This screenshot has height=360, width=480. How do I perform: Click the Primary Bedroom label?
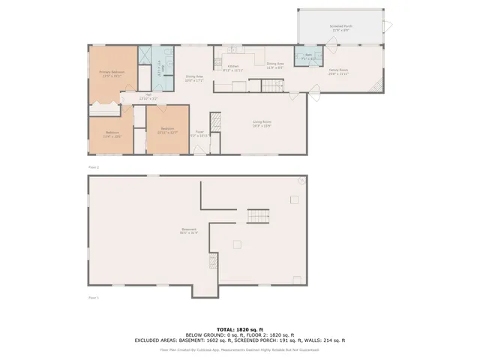pos(112,73)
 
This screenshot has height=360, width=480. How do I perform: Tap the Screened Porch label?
pos(341,26)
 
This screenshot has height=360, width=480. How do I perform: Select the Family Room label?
pos(338,72)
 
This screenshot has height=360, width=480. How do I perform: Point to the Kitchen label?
pos(233,67)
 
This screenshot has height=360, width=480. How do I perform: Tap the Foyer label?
pos(201,133)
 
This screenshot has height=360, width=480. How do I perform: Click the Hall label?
pos(148,96)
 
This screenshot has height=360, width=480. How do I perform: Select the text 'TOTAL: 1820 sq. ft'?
pos(239,329)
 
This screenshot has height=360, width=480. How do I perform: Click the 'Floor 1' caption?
pos(94,298)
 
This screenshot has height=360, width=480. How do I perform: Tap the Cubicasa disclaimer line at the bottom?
pos(239,349)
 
